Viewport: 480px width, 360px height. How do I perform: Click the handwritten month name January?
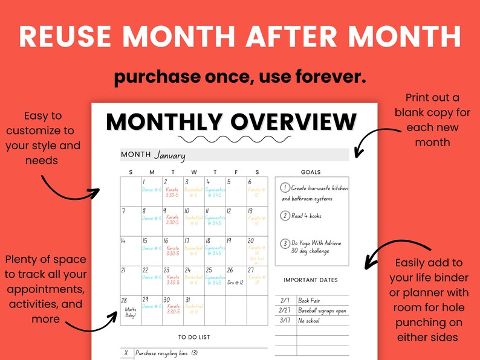[x=169, y=155]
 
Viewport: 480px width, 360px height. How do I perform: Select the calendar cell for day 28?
[x=130, y=310]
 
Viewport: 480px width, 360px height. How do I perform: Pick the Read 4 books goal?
[x=306, y=216]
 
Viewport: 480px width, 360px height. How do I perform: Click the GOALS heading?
[x=311, y=172]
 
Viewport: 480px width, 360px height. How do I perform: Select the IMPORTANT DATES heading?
[x=311, y=280]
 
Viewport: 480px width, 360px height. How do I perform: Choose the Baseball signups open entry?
[x=322, y=310]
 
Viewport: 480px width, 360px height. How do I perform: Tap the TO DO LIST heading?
[x=194, y=337]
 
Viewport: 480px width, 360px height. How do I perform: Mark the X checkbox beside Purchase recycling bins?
[x=126, y=353]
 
